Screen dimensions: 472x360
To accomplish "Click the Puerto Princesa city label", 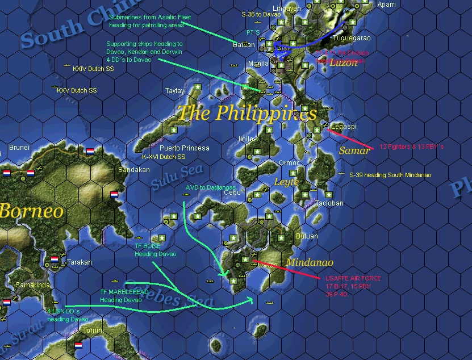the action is point(184,148).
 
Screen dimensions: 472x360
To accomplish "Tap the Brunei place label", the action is point(19,148).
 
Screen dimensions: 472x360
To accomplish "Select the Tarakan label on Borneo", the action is point(79,262).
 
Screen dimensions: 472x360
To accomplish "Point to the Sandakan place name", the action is point(133,170).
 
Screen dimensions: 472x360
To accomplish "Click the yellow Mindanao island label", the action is point(310,262).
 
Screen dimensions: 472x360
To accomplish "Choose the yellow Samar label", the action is point(354,150).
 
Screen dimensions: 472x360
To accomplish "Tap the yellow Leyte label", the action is point(286,182).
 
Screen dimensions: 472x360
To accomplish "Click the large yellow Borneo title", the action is point(31,211).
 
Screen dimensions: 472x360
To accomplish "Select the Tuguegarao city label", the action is point(350,38).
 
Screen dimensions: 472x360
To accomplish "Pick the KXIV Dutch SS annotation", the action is point(93,69).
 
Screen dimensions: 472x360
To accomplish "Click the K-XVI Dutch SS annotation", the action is point(164,157).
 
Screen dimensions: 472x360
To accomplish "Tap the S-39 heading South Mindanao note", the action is point(390,175).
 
